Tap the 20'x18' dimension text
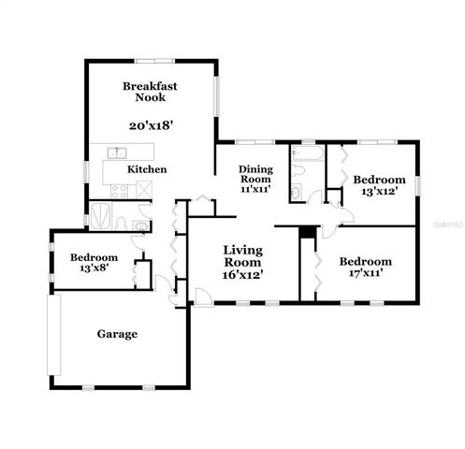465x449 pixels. point(150,123)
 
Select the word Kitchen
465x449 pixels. point(147,169)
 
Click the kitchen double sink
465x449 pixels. point(117,152)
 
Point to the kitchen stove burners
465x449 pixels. point(119,190)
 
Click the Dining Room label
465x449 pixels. point(255,174)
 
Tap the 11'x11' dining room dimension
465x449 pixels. point(255,189)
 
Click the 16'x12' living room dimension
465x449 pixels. point(242,275)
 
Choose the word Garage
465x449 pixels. point(118,334)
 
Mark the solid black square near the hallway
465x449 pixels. point(305,233)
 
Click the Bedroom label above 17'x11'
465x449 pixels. point(365,261)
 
